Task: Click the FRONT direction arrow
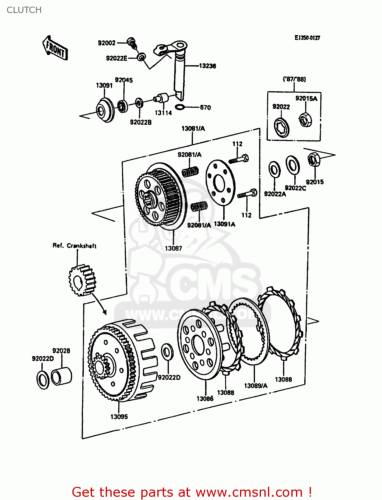tap(55, 49)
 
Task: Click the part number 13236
tap(207, 66)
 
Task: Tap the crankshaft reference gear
tap(82, 280)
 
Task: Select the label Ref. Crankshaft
tap(75, 246)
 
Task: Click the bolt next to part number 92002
tap(132, 42)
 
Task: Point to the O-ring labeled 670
tap(180, 107)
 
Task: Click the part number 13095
tap(119, 417)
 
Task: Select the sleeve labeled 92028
tap(61, 376)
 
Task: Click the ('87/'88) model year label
tap(294, 79)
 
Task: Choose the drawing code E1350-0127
tap(307, 38)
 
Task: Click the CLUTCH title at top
tap(24, 10)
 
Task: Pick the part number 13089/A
tap(256, 386)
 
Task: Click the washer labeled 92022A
tap(274, 169)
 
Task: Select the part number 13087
tap(173, 248)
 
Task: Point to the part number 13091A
tap(224, 224)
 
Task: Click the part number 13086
tap(205, 399)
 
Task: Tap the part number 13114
tap(163, 113)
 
